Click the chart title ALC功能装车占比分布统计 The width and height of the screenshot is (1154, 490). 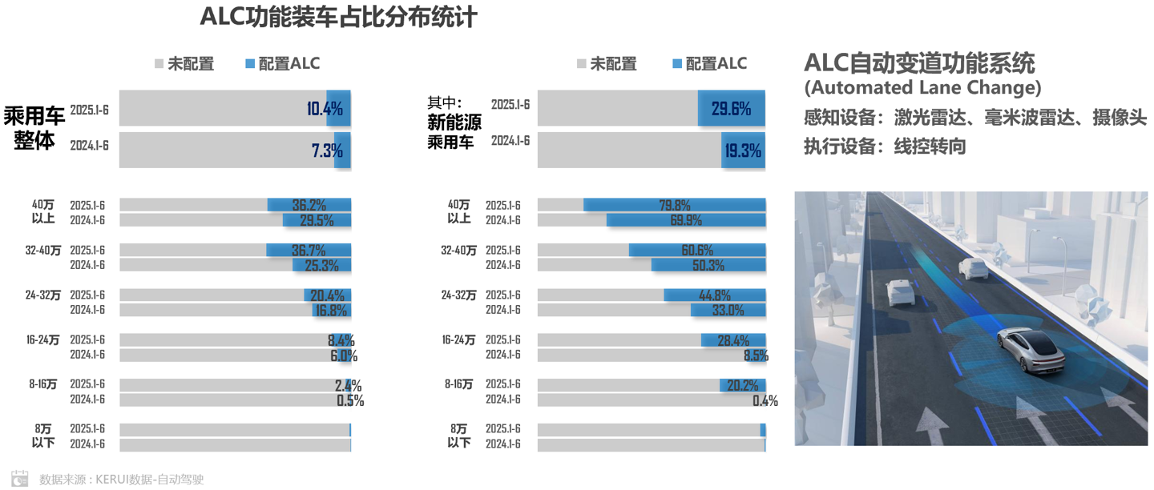point(338,17)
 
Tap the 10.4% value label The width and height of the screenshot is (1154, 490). point(325,109)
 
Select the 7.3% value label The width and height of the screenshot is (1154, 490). point(327,151)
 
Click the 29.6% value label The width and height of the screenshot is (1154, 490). point(731,109)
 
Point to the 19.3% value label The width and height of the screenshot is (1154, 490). point(742,151)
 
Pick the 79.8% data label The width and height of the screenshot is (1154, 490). point(675,205)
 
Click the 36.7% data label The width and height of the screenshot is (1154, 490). point(309,251)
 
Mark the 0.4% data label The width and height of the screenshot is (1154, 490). point(765,400)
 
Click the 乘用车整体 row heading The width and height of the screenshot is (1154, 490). point(34,128)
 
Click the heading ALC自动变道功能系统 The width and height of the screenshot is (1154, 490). point(919,63)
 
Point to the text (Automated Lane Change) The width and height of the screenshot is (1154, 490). point(922,86)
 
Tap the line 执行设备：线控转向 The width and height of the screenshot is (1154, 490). point(885,147)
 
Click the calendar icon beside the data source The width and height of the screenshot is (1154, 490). point(20,479)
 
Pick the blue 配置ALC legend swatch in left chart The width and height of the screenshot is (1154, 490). point(250,64)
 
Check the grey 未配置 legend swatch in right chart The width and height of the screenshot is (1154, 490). point(581,64)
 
